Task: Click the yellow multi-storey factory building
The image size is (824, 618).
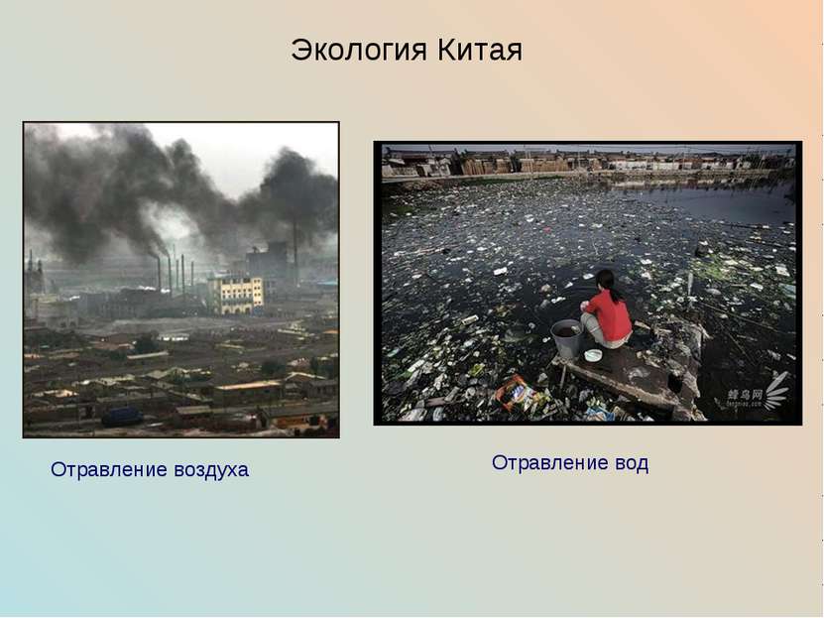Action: tap(236, 294)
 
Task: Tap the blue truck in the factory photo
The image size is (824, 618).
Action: tap(121, 418)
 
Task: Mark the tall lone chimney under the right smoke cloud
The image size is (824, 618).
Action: tap(295, 249)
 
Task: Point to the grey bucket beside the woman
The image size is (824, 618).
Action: tap(566, 337)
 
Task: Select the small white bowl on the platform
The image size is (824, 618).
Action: tap(593, 355)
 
